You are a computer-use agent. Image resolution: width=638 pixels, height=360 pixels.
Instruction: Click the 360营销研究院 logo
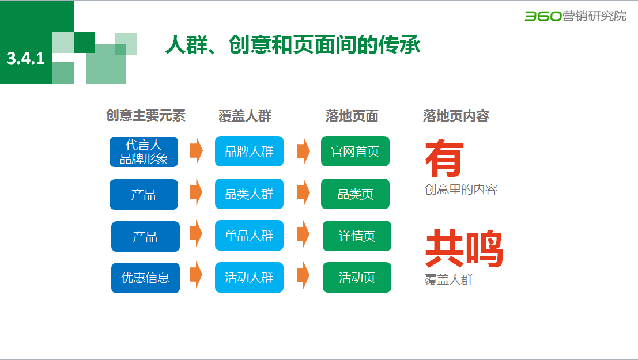(x=575, y=16)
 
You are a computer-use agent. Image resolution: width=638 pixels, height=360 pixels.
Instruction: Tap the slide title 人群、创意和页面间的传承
(x=293, y=46)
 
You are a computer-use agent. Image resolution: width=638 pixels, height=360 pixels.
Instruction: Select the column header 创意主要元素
(x=146, y=115)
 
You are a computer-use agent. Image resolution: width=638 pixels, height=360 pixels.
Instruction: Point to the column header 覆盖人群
(x=245, y=116)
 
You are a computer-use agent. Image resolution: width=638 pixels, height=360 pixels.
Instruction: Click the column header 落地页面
(x=352, y=116)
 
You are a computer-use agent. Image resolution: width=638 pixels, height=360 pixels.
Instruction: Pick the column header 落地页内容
(x=456, y=116)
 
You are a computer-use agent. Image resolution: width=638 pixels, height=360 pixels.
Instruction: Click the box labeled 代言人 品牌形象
(x=144, y=152)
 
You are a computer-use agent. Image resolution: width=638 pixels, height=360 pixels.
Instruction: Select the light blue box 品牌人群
(x=249, y=151)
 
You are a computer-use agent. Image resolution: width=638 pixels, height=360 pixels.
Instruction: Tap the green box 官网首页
(x=355, y=151)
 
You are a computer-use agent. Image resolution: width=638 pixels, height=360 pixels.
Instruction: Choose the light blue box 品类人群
(x=249, y=194)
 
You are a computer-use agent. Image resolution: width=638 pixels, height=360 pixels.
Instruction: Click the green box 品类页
(x=355, y=194)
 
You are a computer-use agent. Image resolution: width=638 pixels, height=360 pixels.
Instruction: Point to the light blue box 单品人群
(x=249, y=236)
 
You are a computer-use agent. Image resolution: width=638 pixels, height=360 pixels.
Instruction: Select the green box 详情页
(x=357, y=236)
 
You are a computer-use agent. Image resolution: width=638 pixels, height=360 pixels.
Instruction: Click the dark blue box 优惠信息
(x=145, y=278)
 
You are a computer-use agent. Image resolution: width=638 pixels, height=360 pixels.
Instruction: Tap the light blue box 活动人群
(x=249, y=278)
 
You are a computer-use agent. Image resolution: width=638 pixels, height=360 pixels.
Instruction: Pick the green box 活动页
(x=357, y=278)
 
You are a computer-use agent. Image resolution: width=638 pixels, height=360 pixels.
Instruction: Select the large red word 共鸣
(x=464, y=249)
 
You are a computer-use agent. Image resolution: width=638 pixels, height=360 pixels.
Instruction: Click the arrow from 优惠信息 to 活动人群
(x=196, y=275)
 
